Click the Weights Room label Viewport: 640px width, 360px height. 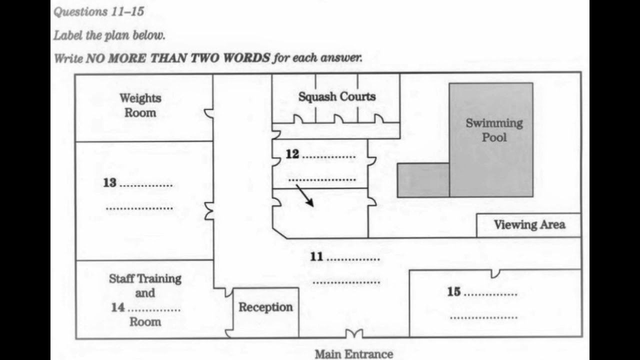[140, 105]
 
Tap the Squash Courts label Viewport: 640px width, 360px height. [337, 96]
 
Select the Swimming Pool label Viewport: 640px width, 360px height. [494, 130]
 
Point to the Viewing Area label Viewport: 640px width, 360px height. [529, 224]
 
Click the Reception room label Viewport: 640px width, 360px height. [265, 307]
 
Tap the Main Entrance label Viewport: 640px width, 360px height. [353, 354]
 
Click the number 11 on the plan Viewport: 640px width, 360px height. [316, 256]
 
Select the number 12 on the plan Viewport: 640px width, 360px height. [292, 154]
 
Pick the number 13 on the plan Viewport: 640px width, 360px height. [109, 183]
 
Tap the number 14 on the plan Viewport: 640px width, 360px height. [117, 307]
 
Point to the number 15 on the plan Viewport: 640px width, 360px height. [453, 291]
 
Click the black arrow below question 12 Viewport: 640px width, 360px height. [304, 195]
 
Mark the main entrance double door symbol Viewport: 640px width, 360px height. [354, 333]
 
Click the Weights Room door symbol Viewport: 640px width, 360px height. [209, 113]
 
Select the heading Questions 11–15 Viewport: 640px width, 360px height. [99, 11]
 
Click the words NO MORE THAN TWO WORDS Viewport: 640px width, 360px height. [177, 58]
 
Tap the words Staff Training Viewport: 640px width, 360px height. [145, 279]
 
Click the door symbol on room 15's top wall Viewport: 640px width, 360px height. [495, 273]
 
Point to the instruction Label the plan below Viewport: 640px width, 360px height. [109, 35]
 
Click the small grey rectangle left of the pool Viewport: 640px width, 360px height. [423, 180]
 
